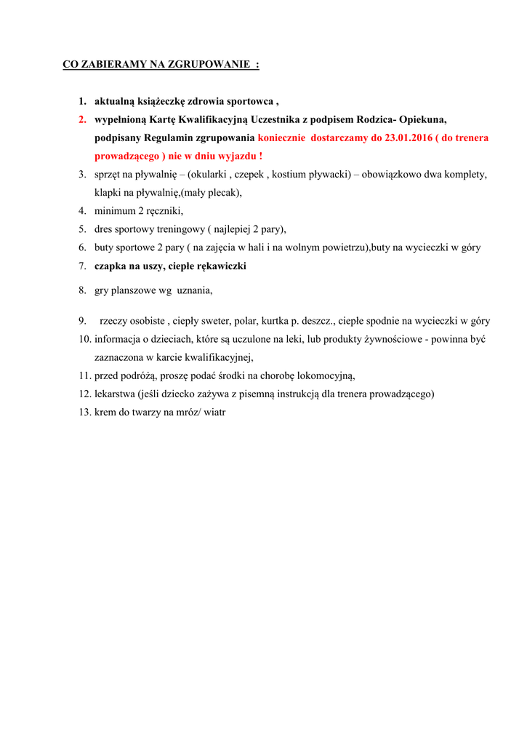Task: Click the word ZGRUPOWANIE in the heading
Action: pyautogui.click(x=210, y=64)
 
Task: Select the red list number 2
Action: pyautogui.click(x=83, y=119)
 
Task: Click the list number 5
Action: pyautogui.click(x=83, y=229)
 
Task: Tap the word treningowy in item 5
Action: pyautogui.click(x=177, y=229)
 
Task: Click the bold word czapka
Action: pyautogui.click(x=110, y=266)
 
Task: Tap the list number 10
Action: pyautogui.click(x=84, y=339)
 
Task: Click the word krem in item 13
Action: pyautogui.click(x=107, y=412)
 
